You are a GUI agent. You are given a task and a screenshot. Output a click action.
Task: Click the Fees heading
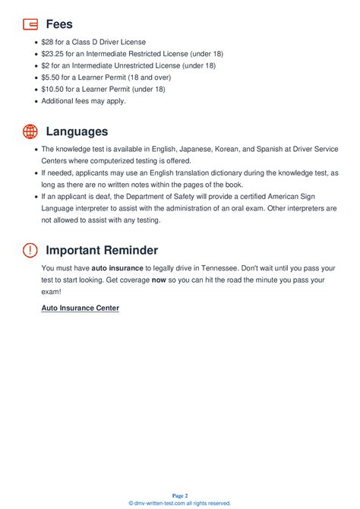click(59, 24)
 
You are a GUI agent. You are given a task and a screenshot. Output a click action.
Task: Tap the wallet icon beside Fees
click(30, 24)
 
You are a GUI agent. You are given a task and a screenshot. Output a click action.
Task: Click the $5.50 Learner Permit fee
click(50, 77)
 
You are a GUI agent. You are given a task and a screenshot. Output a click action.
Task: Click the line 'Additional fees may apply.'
click(84, 101)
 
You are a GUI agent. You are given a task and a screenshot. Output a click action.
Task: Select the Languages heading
click(77, 131)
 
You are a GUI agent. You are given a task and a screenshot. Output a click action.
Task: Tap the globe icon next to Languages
click(30, 131)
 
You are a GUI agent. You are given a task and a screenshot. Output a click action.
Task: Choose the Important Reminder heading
click(102, 250)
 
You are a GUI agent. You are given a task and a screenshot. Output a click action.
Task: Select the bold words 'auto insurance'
click(118, 268)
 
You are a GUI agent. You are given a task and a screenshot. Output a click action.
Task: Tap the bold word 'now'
click(158, 280)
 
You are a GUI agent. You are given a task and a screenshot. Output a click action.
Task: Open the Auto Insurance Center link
click(80, 308)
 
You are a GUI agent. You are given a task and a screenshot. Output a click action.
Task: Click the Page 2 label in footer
click(179, 495)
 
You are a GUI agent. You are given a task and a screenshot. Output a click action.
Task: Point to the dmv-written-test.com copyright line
click(179, 503)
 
